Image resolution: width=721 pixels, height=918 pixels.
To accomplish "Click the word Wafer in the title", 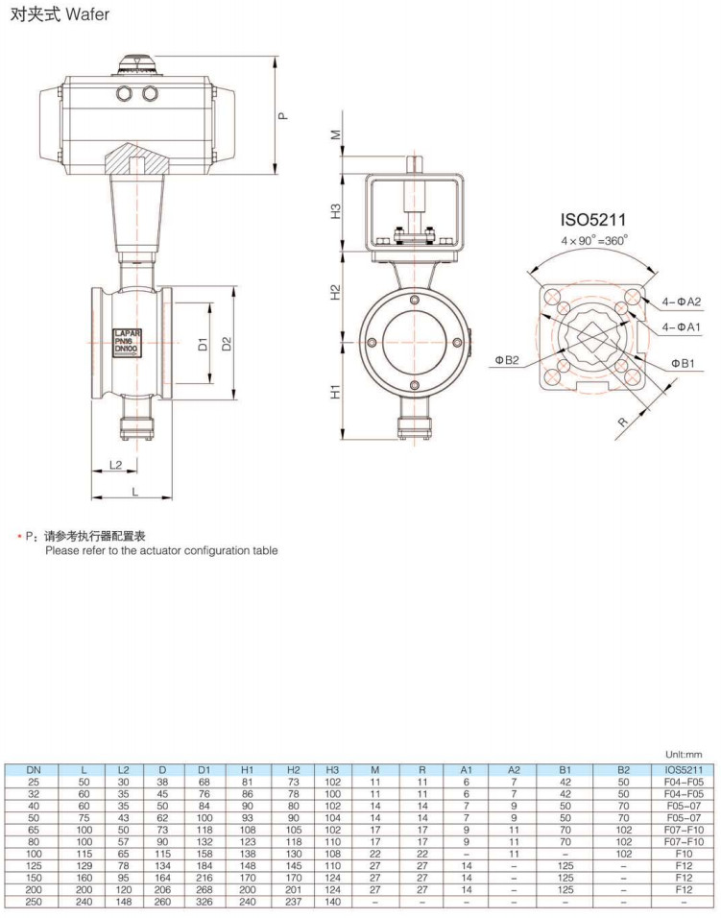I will pyautogui.click(x=87, y=15).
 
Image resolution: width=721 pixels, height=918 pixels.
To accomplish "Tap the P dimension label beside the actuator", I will pyautogui.click(x=283, y=115).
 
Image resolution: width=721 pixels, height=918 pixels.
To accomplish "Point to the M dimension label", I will pyautogui.click(x=336, y=135).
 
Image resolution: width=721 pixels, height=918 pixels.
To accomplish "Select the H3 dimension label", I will pyautogui.click(x=336, y=209).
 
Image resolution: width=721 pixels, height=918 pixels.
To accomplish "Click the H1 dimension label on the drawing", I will pyautogui.click(x=336, y=392).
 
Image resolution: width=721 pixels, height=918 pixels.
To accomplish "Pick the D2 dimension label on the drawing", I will pyautogui.click(x=228, y=343).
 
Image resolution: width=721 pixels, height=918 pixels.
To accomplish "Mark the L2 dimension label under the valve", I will pyautogui.click(x=116, y=465).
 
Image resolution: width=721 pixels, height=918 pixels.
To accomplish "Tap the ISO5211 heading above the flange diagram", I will pyautogui.click(x=593, y=220).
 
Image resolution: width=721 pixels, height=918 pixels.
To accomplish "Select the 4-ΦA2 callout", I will pyautogui.click(x=682, y=302).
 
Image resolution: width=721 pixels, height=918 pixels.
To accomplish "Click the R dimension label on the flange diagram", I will pyautogui.click(x=623, y=422).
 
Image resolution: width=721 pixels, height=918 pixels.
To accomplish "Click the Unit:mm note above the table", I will pyautogui.click(x=684, y=756).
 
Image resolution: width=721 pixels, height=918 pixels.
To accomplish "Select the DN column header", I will pyautogui.click(x=34, y=769).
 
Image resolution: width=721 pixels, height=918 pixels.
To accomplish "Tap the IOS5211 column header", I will pyautogui.click(x=684, y=769).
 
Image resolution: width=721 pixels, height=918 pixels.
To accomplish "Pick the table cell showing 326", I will pyautogui.click(x=204, y=904).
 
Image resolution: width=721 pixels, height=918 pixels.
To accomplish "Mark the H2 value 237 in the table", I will pyautogui.click(x=294, y=904).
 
